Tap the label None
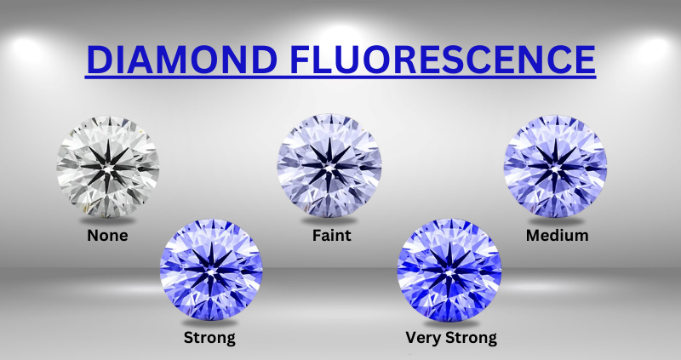(107, 235)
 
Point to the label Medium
(557, 235)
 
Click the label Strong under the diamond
(209, 338)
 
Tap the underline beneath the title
(340, 78)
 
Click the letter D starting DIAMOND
(100, 59)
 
